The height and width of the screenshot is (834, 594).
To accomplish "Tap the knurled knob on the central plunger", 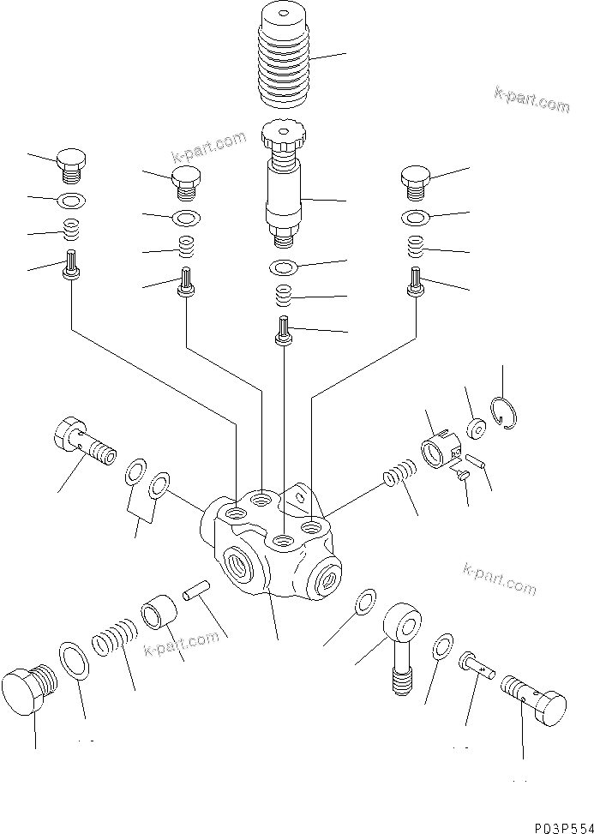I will point(284,135).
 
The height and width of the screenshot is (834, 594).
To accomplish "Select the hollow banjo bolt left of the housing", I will point(84,441).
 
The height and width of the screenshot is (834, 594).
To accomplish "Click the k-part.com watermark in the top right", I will point(531,100).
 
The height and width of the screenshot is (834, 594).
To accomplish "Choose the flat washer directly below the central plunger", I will point(284,267).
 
